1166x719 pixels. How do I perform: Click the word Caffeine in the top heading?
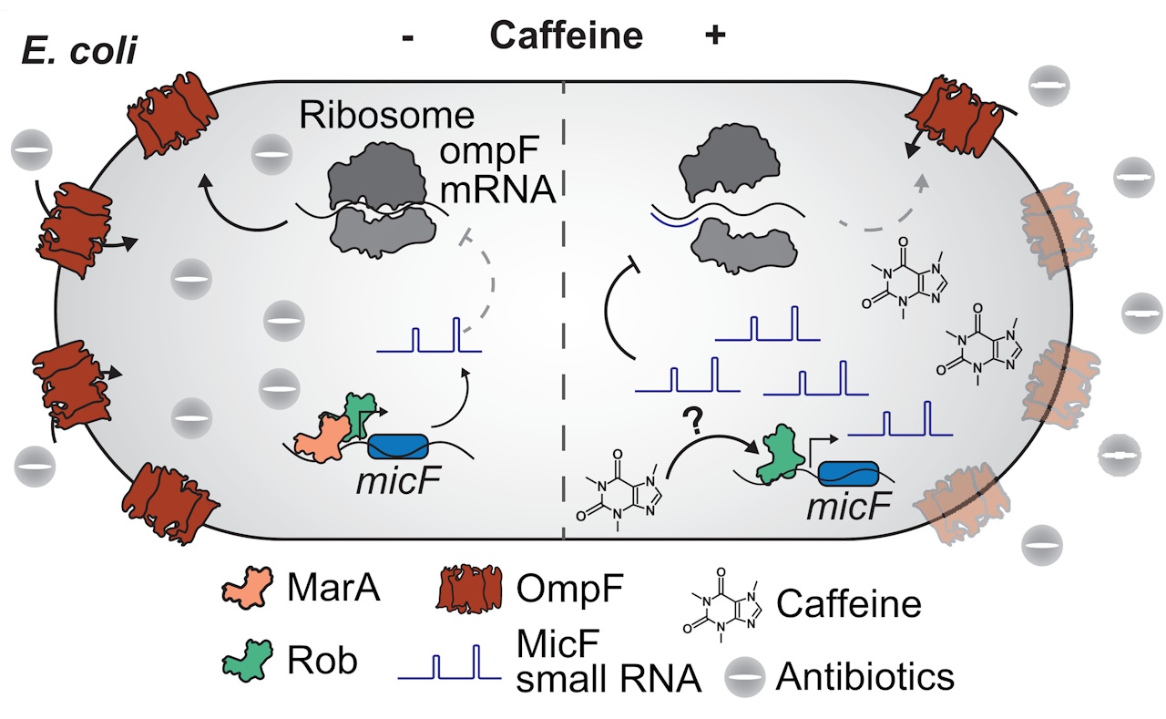click(x=566, y=36)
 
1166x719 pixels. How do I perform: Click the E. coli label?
click(x=78, y=50)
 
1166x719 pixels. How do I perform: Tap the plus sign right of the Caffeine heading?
click(x=715, y=36)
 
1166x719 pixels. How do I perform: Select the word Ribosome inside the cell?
click(x=387, y=117)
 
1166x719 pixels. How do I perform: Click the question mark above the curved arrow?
click(x=693, y=420)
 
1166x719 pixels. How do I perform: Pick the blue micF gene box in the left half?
click(x=397, y=447)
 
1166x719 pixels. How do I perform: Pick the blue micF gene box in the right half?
click(x=848, y=474)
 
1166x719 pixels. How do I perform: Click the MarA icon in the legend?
click(x=248, y=591)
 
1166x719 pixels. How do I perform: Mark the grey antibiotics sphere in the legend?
click(x=746, y=674)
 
